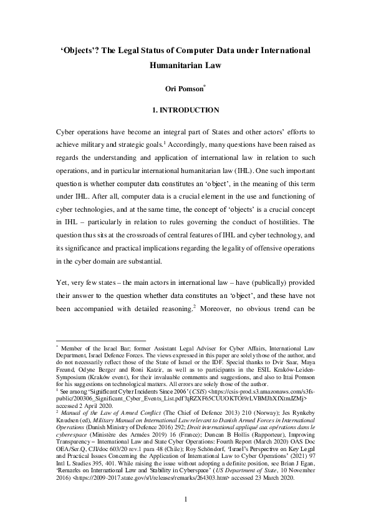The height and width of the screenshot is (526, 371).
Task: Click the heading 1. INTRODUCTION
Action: click(x=185, y=111)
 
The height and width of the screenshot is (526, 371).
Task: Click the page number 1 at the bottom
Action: click(x=185, y=499)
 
